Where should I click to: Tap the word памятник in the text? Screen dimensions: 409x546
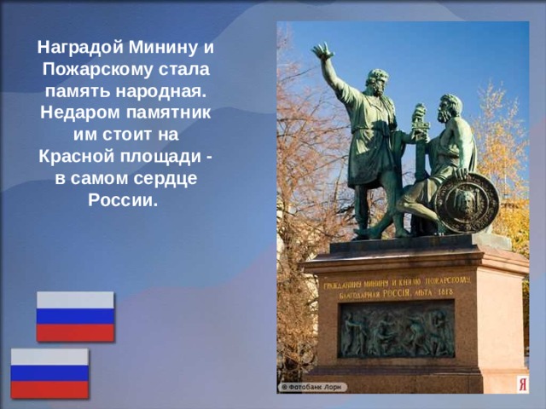(171, 112)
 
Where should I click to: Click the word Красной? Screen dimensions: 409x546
(74, 157)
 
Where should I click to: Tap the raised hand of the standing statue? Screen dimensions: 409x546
(322, 52)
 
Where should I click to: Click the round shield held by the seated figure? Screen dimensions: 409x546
(465, 202)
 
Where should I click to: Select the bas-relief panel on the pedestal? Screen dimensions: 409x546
(397, 330)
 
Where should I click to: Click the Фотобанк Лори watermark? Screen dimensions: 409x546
(311, 386)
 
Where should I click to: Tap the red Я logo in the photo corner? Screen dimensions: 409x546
(522, 384)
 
